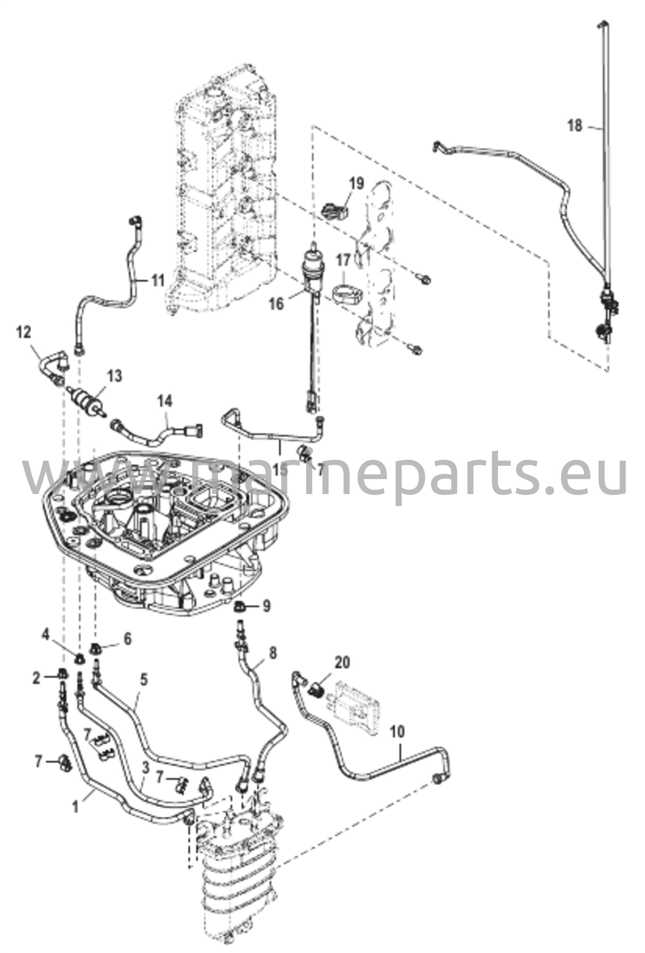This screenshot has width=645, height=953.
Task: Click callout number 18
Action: tap(575, 126)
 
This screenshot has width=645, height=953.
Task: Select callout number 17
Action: tap(343, 260)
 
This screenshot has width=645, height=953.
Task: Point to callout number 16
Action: tap(276, 304)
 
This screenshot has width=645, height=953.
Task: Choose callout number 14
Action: tap(165, 401)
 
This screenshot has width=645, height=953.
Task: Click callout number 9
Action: tap(266, 606)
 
